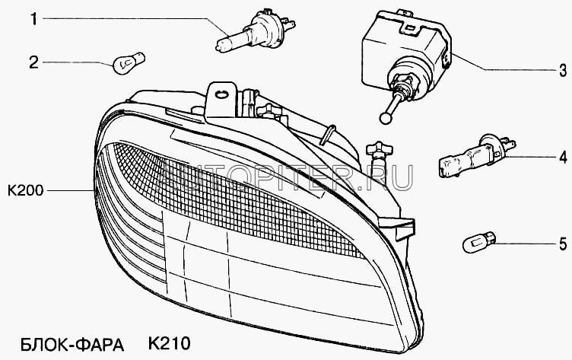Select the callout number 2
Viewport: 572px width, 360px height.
click(x=33, y=62)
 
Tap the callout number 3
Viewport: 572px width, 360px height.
click(x=562, y=72)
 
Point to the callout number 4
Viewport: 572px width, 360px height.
click(x=562, y=159)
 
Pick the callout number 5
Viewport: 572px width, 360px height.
click(x=562, y=244)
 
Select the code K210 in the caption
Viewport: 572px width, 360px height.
click(x=165, y=344)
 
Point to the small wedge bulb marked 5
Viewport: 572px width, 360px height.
click(x=478, y=244)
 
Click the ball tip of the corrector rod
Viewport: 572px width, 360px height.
click(x=384, y=117)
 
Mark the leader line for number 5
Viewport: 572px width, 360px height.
click(x=525, y=244)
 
